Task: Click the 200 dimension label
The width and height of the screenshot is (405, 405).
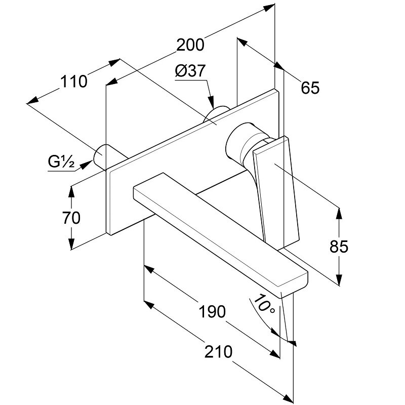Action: pyautogui.click(x=190, y=45)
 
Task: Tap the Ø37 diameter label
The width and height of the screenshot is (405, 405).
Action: pyautogui.click(x=190, y=72)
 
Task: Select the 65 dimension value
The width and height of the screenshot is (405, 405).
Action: pyautogui.click(x=310, y=88)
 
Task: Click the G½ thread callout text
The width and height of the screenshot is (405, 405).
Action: pyautogui.click(x=62, y=163)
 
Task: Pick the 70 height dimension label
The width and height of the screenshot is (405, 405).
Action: pyautogui.click(x=72, y=218)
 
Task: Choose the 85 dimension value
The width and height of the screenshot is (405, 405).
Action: pyautogui.click(x=339, y=247)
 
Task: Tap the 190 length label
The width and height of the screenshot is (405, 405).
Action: pyautogui.click(x=211, y=311)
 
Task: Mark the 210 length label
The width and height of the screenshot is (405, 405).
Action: pyautogui.click(x=219, y=351)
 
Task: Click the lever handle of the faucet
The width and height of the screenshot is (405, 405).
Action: pyautogui.click(x=276, y=187)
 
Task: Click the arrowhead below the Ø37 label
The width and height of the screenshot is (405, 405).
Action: pyautogui.click(x=212, y=101)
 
